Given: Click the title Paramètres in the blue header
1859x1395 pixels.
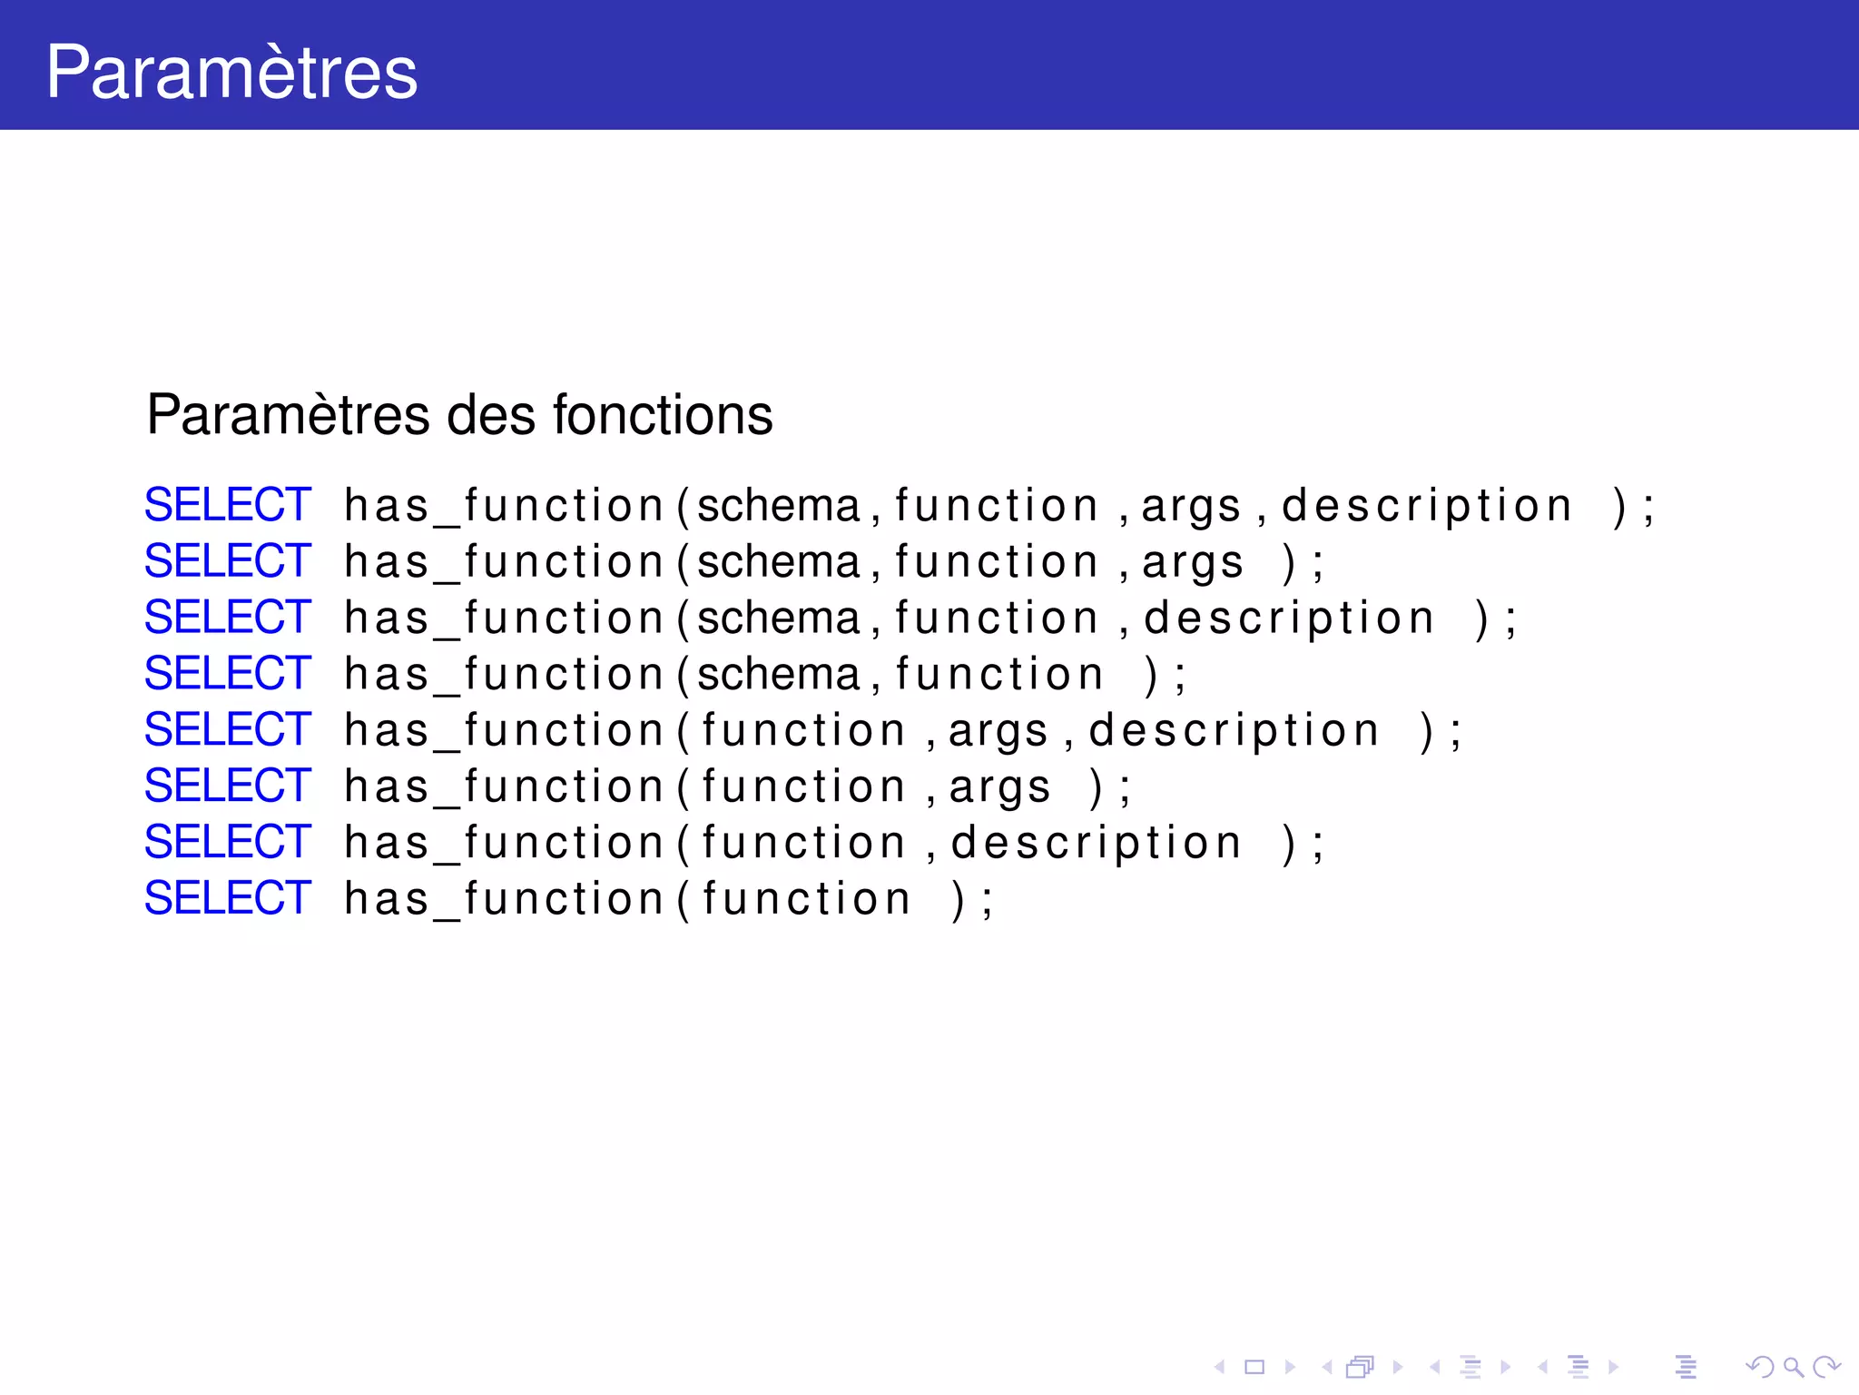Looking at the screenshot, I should (x=231, y=72).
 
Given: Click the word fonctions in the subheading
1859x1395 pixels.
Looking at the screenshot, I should (x=663, y=415).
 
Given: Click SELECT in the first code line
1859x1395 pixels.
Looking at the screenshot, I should (x=228, y=505).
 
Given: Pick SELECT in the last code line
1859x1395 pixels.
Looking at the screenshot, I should (x=228, y=898).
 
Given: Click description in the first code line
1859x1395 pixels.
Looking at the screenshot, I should (x=1427, y=506).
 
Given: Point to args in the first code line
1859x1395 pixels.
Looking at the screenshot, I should (x=1191, y=506).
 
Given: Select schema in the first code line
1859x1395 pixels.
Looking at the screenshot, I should (x=779, y=506).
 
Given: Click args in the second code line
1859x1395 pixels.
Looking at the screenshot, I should (x=1192, y=562).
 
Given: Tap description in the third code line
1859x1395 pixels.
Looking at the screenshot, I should (x=1289, y=618).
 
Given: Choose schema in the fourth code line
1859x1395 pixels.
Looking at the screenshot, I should (x=779, y=675).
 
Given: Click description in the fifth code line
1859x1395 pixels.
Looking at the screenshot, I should (x=1234, y=731).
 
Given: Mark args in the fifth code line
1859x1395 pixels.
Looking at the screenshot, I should (x=998, y=731).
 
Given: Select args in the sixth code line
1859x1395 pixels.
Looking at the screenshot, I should (x=999, y=787).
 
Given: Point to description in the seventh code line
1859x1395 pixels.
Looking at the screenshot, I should (x=1097, y=844).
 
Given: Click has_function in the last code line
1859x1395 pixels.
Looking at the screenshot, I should (x=505, y=899).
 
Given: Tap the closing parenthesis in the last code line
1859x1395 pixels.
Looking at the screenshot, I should (x=958, y=900).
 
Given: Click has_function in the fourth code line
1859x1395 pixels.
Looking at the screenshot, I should (x=505, y=675).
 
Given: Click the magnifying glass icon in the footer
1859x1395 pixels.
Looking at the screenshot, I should (x=1793, y=1366).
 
